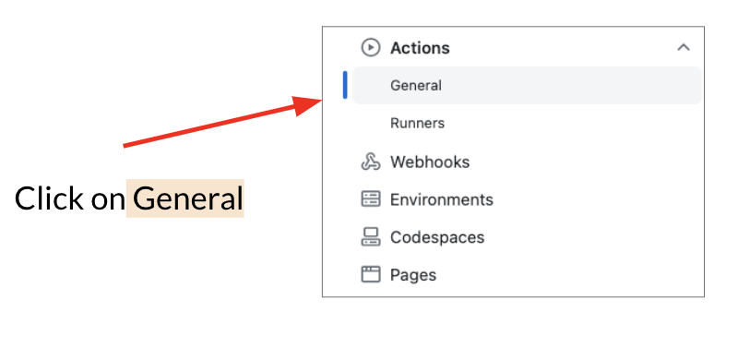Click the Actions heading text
click(x=420, y=48)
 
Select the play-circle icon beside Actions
click(x=371, y=48)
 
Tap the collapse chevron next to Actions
click(x=683, y=47)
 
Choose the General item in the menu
click(x=416, y=86)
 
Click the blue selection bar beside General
click(x=345, y=85)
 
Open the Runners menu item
click(x=417, y=123)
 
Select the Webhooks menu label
click(x=430, y=162)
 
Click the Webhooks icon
click(x=371, y=162)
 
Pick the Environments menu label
click(x=442, y=199)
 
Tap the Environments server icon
click(x=371, y=199)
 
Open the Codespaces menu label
click(x=437, y=237)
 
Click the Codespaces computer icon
click(x=371, y=237)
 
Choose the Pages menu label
click(x=413, y=274)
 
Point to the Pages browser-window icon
click(x=371, y=274)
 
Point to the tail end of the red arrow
click(x=125, y=145)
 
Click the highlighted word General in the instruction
click(x=187, y=198)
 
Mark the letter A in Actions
click(x=397, y=48)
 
